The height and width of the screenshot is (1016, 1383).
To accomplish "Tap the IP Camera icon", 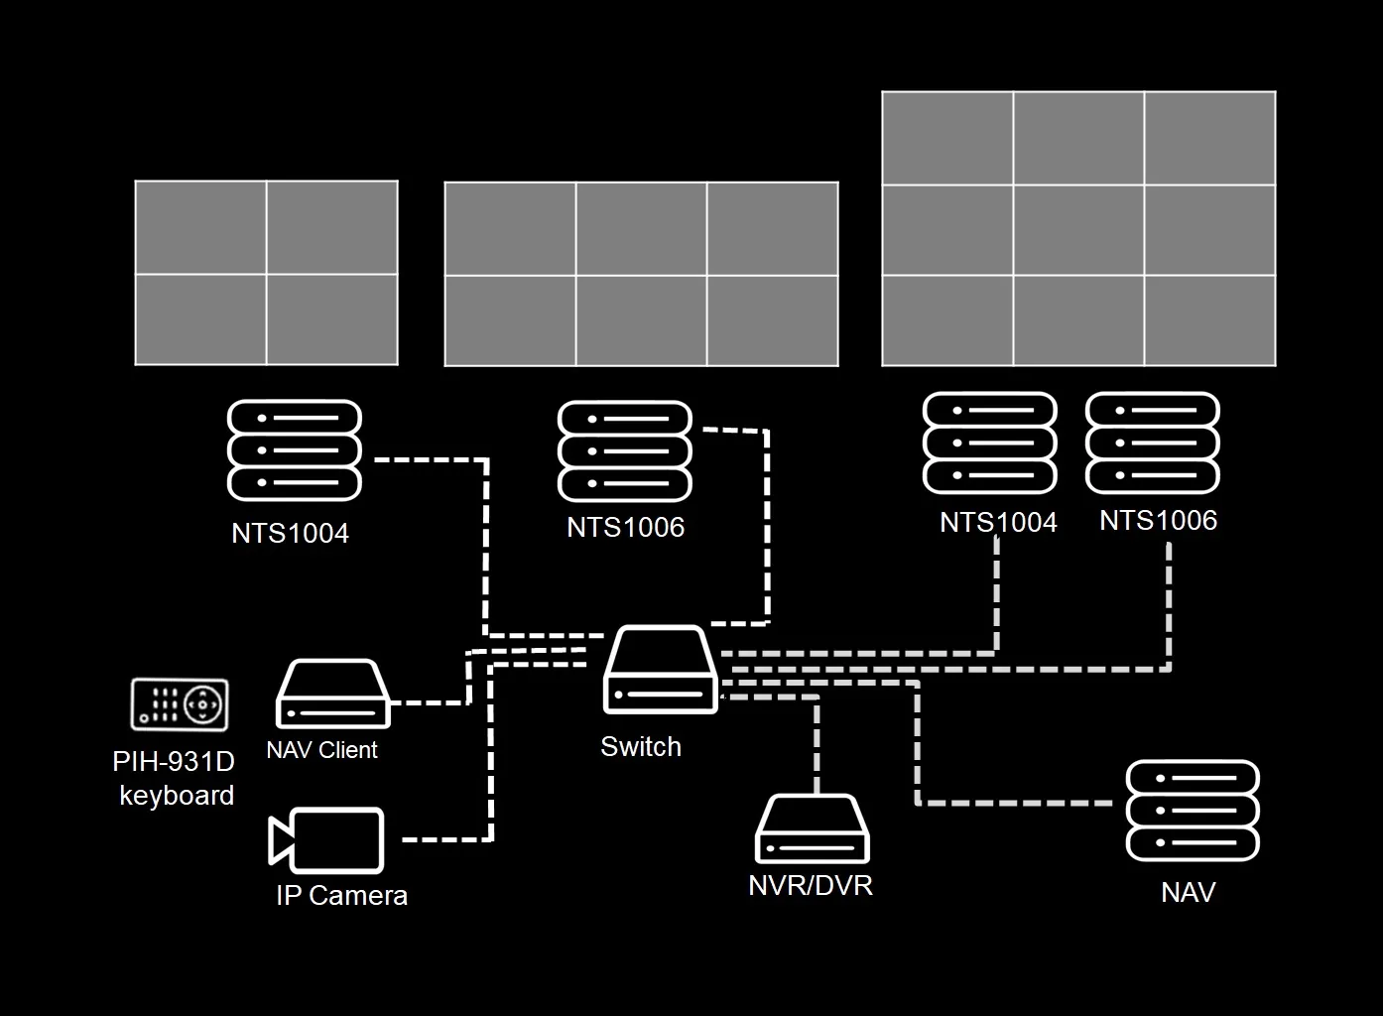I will pos(327,839).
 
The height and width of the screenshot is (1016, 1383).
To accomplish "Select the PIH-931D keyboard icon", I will pos(180,704).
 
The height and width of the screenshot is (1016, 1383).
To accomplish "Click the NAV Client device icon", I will pos(332,695).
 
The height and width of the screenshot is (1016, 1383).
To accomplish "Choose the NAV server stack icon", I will pos(1193,811).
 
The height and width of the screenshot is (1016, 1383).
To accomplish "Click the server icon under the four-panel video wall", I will pos(294,450).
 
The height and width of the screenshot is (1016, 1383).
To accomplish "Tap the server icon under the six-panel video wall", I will pos(625,451).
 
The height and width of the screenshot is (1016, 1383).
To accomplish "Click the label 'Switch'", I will pos(641,747).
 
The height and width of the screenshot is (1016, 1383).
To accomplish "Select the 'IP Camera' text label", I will pos(341,896).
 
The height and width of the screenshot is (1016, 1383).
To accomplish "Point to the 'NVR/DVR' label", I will pos(811,885).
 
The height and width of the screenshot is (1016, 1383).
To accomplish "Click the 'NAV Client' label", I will pos(321,750).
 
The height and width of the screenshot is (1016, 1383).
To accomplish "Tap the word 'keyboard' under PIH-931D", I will pos(177,796).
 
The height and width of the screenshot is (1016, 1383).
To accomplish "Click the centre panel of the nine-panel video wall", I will pos(1078,230).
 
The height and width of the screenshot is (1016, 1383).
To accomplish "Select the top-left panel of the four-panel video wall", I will pos(200,227).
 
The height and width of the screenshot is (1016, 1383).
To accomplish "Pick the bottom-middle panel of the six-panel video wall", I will pos(641,320).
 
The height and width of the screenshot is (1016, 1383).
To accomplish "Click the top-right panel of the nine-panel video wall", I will pos(1210,138).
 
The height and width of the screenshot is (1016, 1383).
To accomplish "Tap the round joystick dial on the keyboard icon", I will pos(203,704).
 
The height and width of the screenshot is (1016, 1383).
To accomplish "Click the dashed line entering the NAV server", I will pos(1022,802).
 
